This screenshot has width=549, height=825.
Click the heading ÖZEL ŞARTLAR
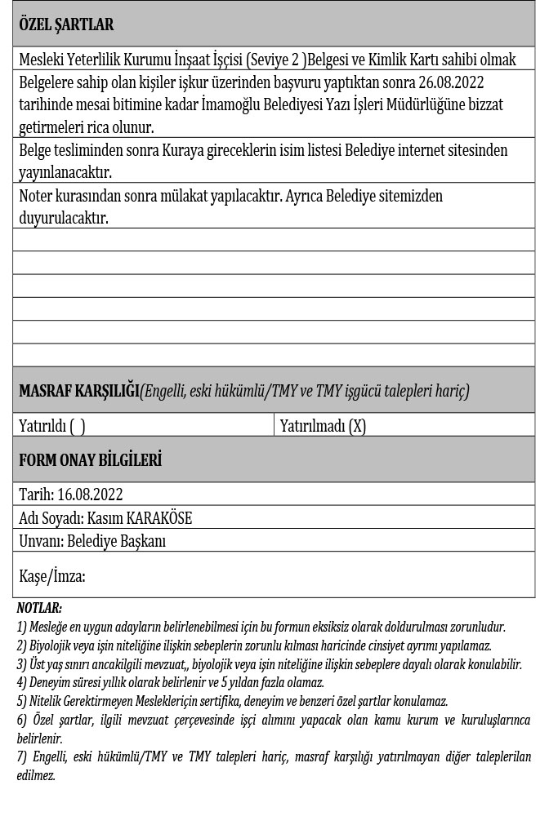click(66, 24)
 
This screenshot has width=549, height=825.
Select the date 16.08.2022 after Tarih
click(90, 495)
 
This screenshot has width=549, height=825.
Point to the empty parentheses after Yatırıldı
click(78, 426)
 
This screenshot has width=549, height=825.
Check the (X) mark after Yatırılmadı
click(357, 426)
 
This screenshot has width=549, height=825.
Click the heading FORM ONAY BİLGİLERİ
click(90, 460)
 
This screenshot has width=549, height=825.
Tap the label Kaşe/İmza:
click(52, 576)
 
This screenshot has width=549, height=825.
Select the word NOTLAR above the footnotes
click(39, 608)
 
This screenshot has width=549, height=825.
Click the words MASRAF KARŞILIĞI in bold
click(78, 391)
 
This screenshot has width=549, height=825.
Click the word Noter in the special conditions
click(38, 197)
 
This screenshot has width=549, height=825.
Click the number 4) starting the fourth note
click(21, 682)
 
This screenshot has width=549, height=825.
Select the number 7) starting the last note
click(21, 757)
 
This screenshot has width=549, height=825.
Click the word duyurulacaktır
click(64, 218)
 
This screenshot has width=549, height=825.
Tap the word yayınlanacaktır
click(65, 172)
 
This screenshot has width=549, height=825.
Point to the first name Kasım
click(104, 518)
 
